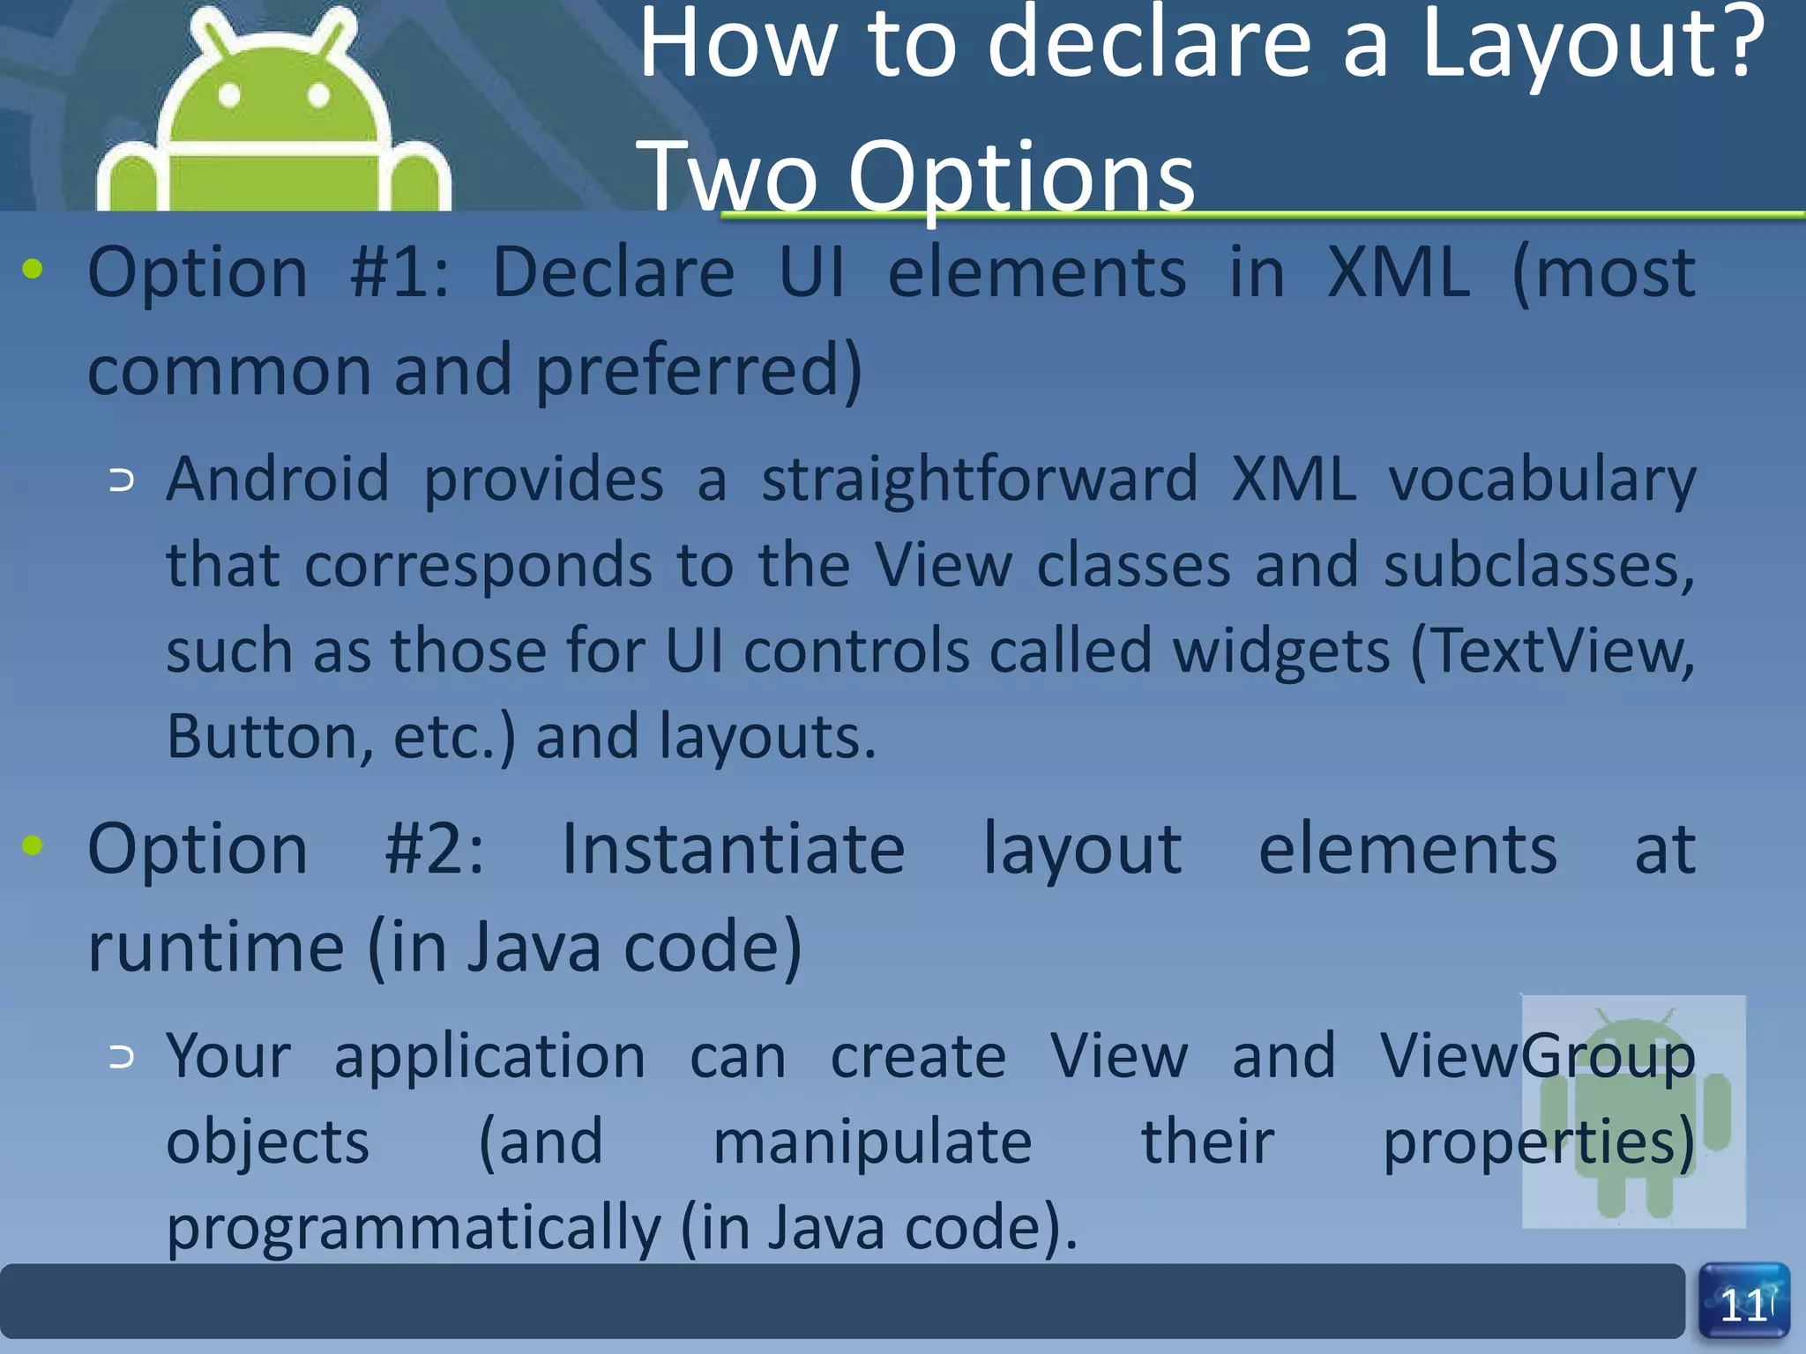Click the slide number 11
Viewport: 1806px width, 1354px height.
point(1743,1305)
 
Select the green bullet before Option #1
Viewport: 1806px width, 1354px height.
point(34,269)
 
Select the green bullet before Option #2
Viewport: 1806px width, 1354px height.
point(34,846)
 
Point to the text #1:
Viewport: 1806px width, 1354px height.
point(399,272)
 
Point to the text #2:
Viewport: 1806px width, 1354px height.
point(434,850)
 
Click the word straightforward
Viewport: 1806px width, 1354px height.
point(979,480)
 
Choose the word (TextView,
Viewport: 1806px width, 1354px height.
point(1553,653)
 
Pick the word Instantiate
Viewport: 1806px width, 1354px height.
point(733,850)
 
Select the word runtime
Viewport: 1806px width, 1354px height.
point(216,948)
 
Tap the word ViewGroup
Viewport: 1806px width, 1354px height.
point(1537,1057)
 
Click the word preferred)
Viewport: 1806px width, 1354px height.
point(698,371)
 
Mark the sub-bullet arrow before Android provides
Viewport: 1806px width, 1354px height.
point(122,480)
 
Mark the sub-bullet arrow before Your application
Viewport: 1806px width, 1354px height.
point(122,1057)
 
